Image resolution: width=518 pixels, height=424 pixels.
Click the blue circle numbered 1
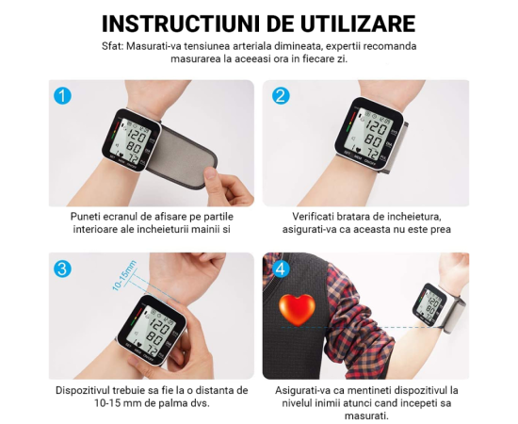coord(62,96)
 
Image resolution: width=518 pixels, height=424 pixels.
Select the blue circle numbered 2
coord(281,96)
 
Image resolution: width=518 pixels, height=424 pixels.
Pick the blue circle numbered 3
coord(62,269)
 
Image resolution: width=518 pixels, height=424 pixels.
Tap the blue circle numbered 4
coord(281,269)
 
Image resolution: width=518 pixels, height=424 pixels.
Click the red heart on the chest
coord(297,310)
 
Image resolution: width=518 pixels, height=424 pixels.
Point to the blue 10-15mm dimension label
coord(124,276)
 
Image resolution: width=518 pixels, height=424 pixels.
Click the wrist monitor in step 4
coord(429,304)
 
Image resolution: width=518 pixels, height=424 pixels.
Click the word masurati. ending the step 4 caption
coord(366,416)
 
